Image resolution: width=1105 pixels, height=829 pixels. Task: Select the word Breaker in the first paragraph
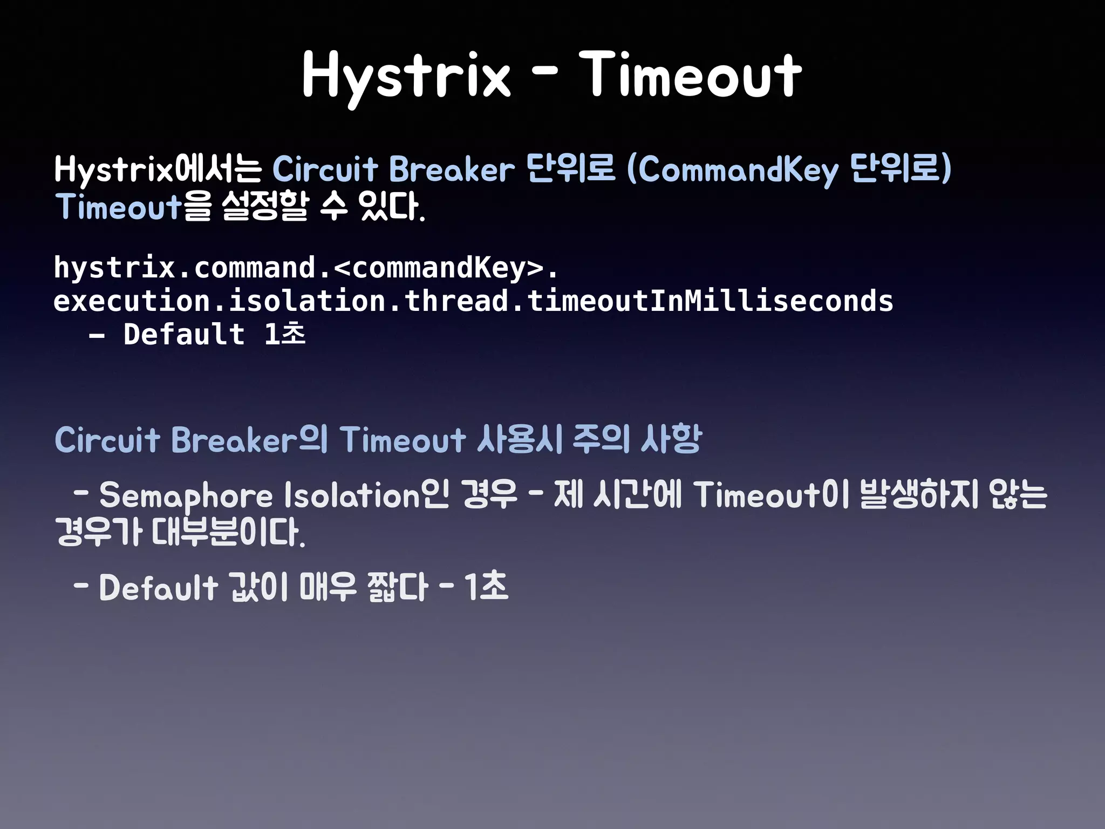coord(452,169)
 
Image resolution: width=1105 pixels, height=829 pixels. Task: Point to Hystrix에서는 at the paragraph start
coord(158,169)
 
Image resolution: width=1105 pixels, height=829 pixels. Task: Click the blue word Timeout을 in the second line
coord(133,207)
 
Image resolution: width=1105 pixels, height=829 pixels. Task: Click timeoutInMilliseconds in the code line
coord(710,301)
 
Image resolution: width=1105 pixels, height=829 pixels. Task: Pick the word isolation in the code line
coord(306,301)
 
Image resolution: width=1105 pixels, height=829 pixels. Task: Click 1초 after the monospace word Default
coord(284,334)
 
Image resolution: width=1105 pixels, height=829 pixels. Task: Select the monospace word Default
coord(183,334)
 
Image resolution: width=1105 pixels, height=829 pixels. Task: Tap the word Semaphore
coord(186,495)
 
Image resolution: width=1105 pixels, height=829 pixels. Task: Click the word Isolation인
coord(366,495)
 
